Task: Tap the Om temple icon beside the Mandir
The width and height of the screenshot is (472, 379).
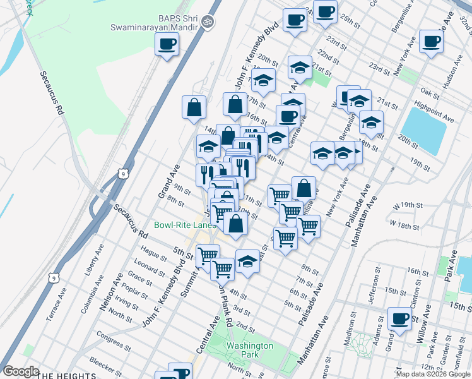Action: pos(208,22)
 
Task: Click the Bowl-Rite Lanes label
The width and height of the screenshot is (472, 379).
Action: pos(186,225)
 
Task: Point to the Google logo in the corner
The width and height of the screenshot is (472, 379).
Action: pos(21,371)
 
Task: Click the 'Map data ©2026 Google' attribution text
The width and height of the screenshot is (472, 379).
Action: pos(433,374)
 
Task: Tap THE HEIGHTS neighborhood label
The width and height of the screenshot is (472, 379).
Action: pos(67,376)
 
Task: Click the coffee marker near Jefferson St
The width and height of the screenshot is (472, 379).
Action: pos(399,318)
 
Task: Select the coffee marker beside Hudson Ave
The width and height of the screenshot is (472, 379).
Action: pos(432,42)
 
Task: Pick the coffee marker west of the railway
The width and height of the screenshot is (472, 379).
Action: pos(167,44)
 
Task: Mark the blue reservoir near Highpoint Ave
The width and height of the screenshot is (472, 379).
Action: pos(423,130)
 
